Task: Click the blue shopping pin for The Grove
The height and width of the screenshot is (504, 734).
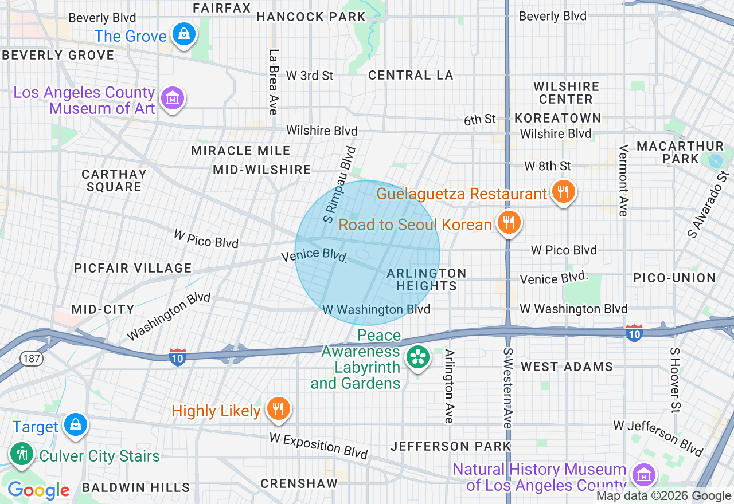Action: tap(183, 35)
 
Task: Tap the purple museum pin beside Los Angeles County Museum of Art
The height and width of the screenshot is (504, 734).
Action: tap(172, 99)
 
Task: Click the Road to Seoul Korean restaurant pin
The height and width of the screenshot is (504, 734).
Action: tap(509, 223)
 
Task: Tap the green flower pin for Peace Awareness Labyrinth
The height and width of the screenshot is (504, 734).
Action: tap(418, 357)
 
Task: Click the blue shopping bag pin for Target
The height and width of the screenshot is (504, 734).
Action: tap(75, 425)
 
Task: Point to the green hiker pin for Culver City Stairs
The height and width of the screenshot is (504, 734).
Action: tap(22, 454)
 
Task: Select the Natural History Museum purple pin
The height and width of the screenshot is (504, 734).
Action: tap(643, 475)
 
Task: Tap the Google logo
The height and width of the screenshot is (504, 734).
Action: tap(38, 490)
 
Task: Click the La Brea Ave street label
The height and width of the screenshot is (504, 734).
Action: tap(273, 81)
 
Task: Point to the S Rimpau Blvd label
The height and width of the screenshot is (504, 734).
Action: tap(339, 184)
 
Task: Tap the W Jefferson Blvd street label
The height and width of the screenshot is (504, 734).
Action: tap(658, 437)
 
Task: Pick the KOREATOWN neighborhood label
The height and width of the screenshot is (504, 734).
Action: tap(557, 118)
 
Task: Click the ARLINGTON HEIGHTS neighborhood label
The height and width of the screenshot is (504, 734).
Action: tap(427, 279)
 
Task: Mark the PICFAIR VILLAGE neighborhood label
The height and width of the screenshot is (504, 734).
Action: tap(132, 268)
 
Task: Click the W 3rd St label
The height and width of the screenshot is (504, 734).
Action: tap(310, 76)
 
